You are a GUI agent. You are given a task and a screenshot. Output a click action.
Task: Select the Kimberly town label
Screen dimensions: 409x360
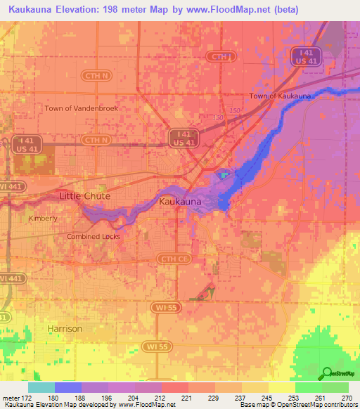pyautogui.click(x=43, y=219)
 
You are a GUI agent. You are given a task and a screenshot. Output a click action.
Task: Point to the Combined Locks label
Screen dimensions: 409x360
pyautogui.click(x=94, y=237)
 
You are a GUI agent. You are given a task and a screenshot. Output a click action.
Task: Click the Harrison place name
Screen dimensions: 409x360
pyautogui.click(x=65, y=328)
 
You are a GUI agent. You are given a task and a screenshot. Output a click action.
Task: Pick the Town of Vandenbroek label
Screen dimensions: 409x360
pyautogui.click(x=82, y=108)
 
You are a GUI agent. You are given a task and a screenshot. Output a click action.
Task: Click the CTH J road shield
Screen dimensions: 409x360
pyautogui.click(x=220, y=56)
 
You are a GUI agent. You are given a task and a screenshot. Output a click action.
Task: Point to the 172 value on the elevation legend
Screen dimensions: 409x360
pyautogui.click(x=25, y=397)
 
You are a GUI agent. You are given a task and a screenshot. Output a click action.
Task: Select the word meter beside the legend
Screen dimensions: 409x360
pyautogui.click(x=10, y=397)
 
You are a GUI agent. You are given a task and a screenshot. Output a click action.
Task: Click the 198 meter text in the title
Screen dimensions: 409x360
pyautogui.click(x=117, y=10)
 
